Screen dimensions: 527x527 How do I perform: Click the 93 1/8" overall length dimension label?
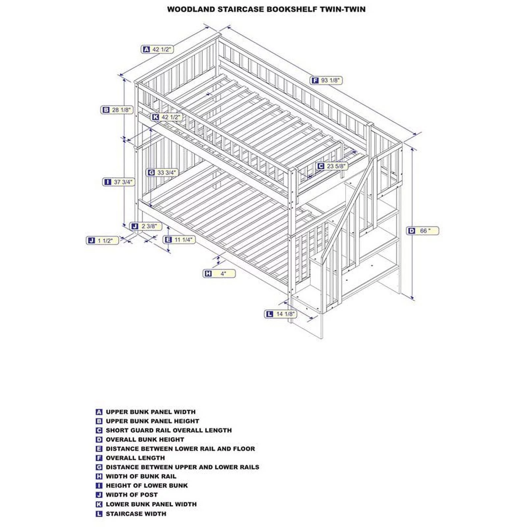(x=326, y=80)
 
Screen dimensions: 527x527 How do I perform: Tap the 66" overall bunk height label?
(x=423, y=231)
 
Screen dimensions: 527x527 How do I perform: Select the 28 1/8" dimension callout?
(x=117, y=110)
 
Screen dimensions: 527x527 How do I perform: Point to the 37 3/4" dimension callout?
(x=119, y=182)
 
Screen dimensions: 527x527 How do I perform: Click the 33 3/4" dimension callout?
(x=162, y=172)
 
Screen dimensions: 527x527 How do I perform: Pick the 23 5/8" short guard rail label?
(x=332, y=166)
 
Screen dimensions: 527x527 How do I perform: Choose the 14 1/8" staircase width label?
(x=281, y=314)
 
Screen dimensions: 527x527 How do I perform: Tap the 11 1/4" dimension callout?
(x=179, y=239)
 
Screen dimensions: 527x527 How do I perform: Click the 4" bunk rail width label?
(x=219, y=273)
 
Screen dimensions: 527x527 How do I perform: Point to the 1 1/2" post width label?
(x=102, y=240)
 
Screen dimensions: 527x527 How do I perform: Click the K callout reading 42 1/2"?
(x=167, y=117)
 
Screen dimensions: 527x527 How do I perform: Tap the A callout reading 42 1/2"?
(x=157, y=49)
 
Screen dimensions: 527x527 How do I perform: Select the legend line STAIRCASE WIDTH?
(x=136, y=513)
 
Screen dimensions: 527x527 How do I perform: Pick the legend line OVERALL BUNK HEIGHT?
(x=145, y=439)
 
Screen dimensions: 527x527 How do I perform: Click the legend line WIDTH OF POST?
(x=132, y=495)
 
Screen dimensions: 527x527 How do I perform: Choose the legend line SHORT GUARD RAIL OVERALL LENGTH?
(x=169, y=430)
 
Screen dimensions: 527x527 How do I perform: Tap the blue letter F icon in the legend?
(x=99, y=458)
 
